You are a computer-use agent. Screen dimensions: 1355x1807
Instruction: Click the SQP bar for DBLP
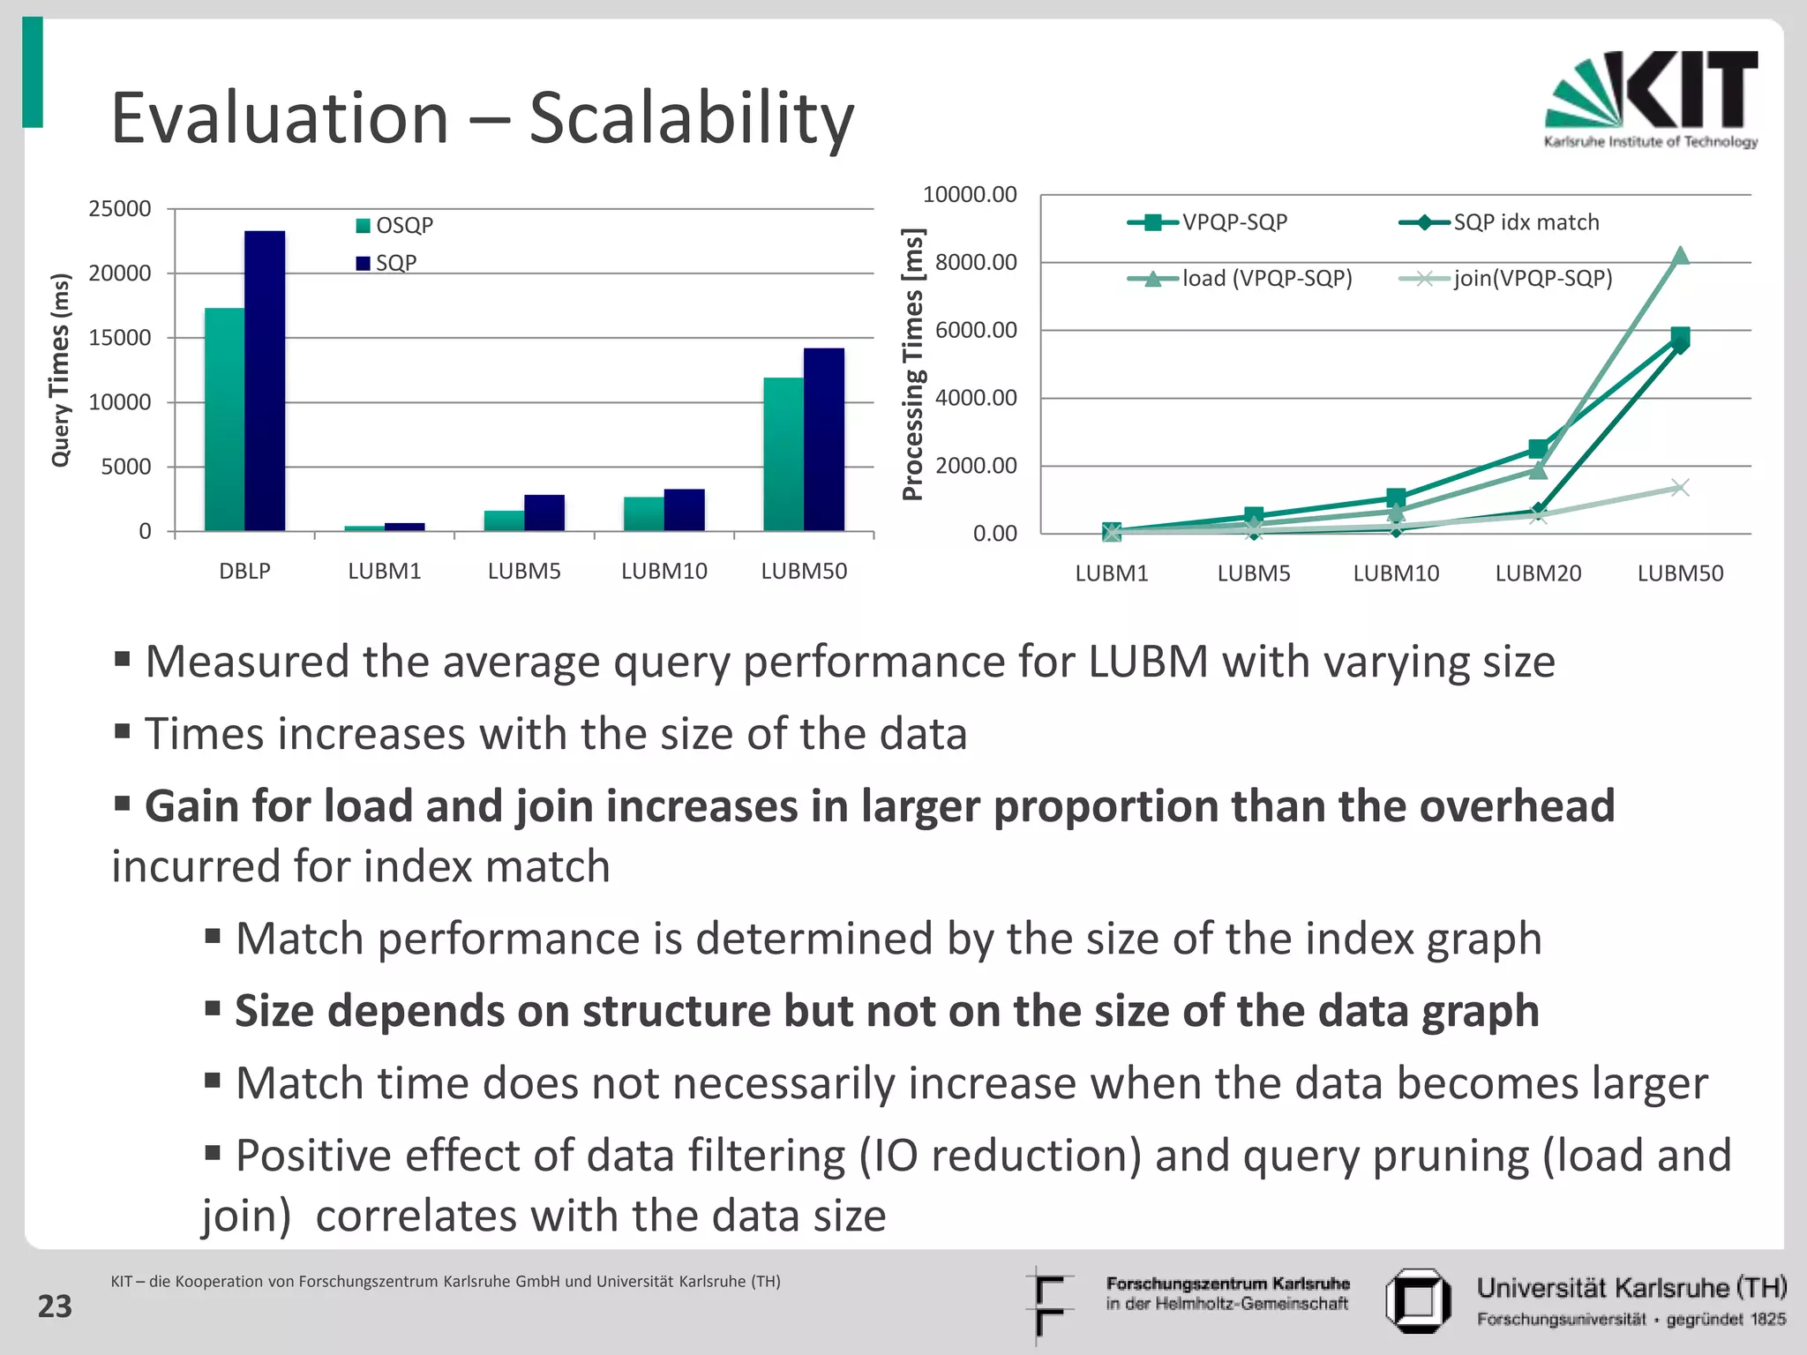click(265, 381)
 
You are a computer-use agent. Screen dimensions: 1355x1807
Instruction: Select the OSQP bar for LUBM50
click(784, 454)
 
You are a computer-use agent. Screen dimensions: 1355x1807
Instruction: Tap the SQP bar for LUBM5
click(544, 513)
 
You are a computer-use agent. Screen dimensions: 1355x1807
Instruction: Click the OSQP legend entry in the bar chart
click(394, 226)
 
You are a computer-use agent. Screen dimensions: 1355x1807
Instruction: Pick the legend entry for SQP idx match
click(1499, 222)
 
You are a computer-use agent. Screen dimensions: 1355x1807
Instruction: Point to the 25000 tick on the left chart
click(120, 209)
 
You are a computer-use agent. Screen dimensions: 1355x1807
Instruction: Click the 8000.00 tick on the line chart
click(976, 262)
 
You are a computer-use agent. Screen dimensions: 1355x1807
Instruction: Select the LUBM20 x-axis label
click(1538, 573)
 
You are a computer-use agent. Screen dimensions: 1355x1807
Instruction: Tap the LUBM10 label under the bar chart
click(664, 571)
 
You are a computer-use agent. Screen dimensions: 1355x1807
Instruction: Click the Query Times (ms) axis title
click(59, 371)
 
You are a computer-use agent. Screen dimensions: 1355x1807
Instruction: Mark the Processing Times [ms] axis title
click(913, 363)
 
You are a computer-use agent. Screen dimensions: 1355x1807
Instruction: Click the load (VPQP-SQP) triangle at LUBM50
click(1680, 256)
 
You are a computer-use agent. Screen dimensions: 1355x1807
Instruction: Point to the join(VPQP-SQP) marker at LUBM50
click(1680, 488)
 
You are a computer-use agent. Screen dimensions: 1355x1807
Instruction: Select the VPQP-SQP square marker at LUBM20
click(1538, 449)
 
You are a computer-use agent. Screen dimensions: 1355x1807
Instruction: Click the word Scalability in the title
click(691, 118)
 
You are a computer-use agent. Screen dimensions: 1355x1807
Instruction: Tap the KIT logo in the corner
click(1651, 99)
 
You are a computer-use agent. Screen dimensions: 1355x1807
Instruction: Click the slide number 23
click(55, 1306)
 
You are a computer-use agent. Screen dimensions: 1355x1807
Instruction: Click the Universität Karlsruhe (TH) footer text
click(1631, 1289)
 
